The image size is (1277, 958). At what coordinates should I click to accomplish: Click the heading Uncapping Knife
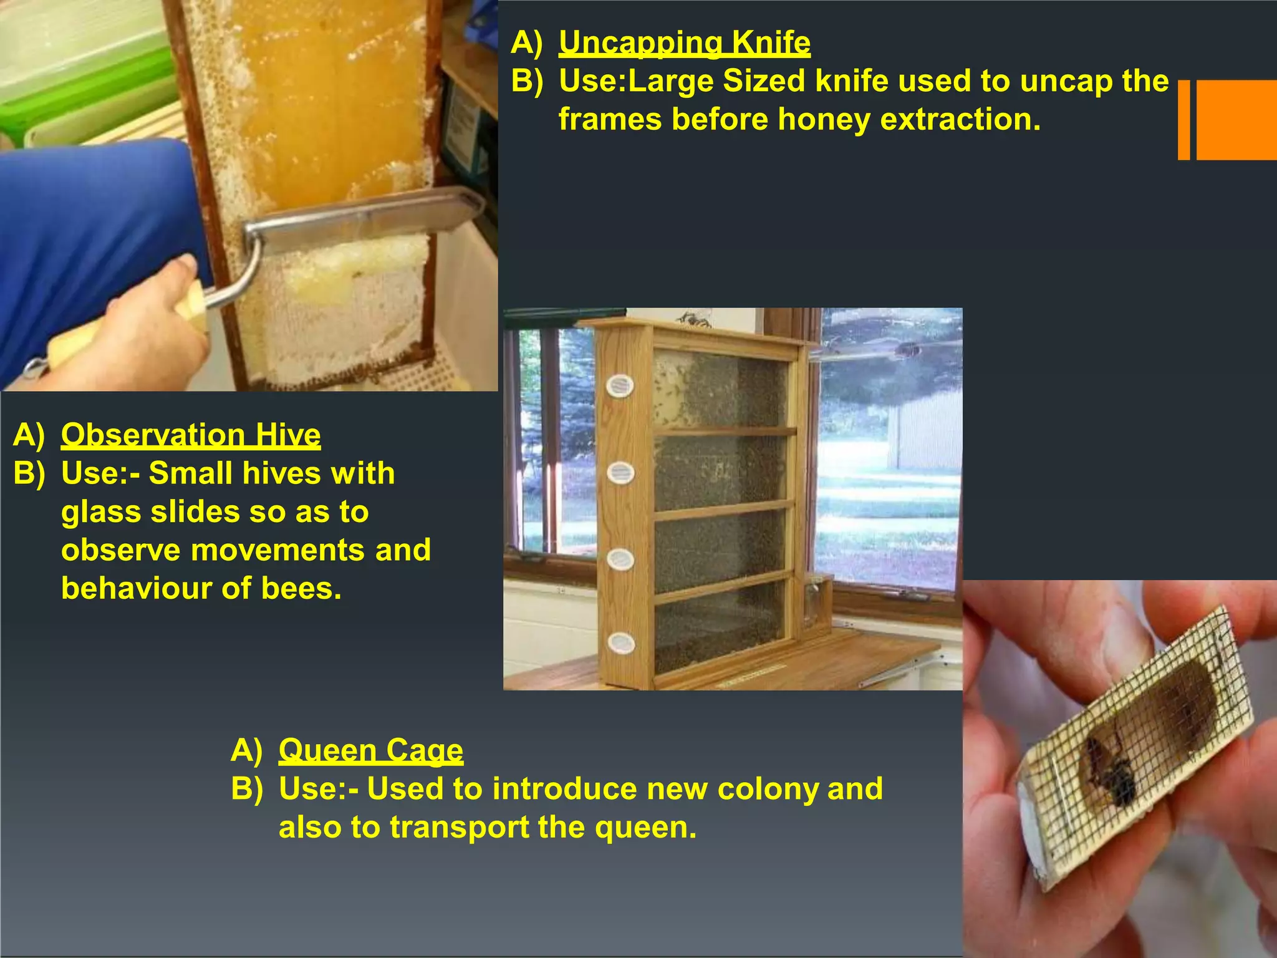684,42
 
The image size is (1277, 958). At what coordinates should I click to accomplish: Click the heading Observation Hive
191,435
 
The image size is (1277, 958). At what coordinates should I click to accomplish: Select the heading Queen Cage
370,750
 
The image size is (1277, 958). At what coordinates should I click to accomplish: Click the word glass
100,512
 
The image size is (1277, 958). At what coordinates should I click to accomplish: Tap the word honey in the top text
824,119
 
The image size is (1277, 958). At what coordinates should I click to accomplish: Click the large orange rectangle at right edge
1236,120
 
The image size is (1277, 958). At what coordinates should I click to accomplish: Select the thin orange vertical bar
1183,120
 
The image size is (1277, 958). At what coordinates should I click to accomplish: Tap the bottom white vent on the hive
620,642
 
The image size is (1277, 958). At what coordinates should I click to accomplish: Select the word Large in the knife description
669,81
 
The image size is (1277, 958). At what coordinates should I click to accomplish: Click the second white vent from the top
620,473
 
